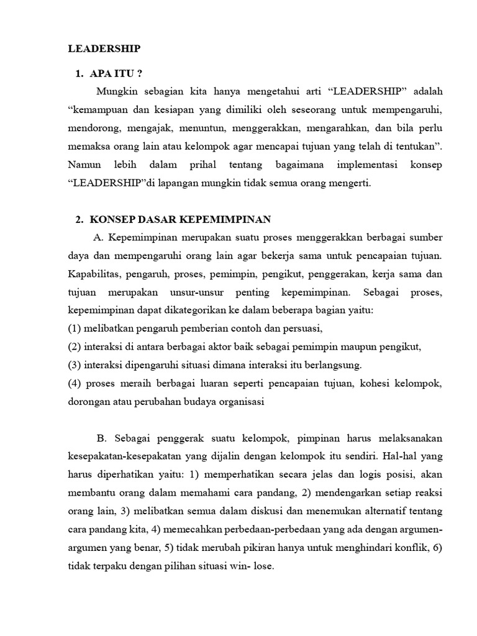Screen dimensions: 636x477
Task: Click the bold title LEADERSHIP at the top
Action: pyautogui.click(x=104, y=48)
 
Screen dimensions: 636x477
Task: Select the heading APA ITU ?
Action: pyautogui.click(x=116, y=73)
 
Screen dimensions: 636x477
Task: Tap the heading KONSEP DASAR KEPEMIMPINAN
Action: pyautogui.click(x=179, y=219)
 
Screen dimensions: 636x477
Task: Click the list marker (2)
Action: pyautogui.click(x=74, y=346)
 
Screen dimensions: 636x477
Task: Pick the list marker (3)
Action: pyautogui.click(x=74, y=365)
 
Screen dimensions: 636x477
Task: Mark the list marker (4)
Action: pyautogui.click(x=74, y=383)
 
